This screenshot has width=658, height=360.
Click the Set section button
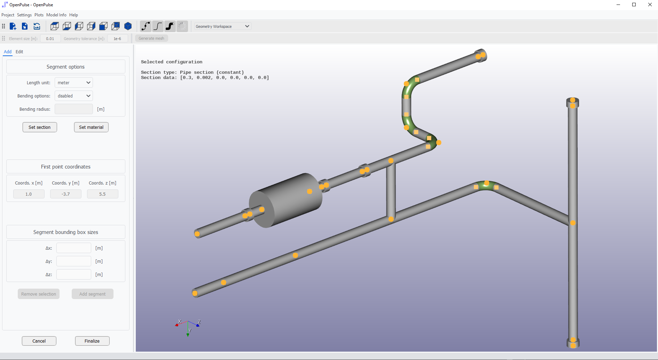40,127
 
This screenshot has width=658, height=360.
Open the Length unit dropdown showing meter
74,83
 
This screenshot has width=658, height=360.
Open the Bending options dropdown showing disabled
74,96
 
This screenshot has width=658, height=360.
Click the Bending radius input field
74,109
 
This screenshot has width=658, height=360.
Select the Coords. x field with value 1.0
29,194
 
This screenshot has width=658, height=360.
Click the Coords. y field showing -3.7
66,194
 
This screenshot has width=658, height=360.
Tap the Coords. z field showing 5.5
102,194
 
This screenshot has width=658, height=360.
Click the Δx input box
74,248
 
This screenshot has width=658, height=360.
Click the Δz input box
74,274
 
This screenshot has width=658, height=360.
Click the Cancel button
39,341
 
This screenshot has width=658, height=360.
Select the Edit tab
19,52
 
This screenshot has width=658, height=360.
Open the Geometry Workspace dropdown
222,26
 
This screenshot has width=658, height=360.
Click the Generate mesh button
151,38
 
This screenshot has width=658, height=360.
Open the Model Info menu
56,15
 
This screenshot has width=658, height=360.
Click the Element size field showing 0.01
50,39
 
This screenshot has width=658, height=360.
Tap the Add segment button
92,294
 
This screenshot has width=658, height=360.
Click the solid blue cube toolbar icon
128,26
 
